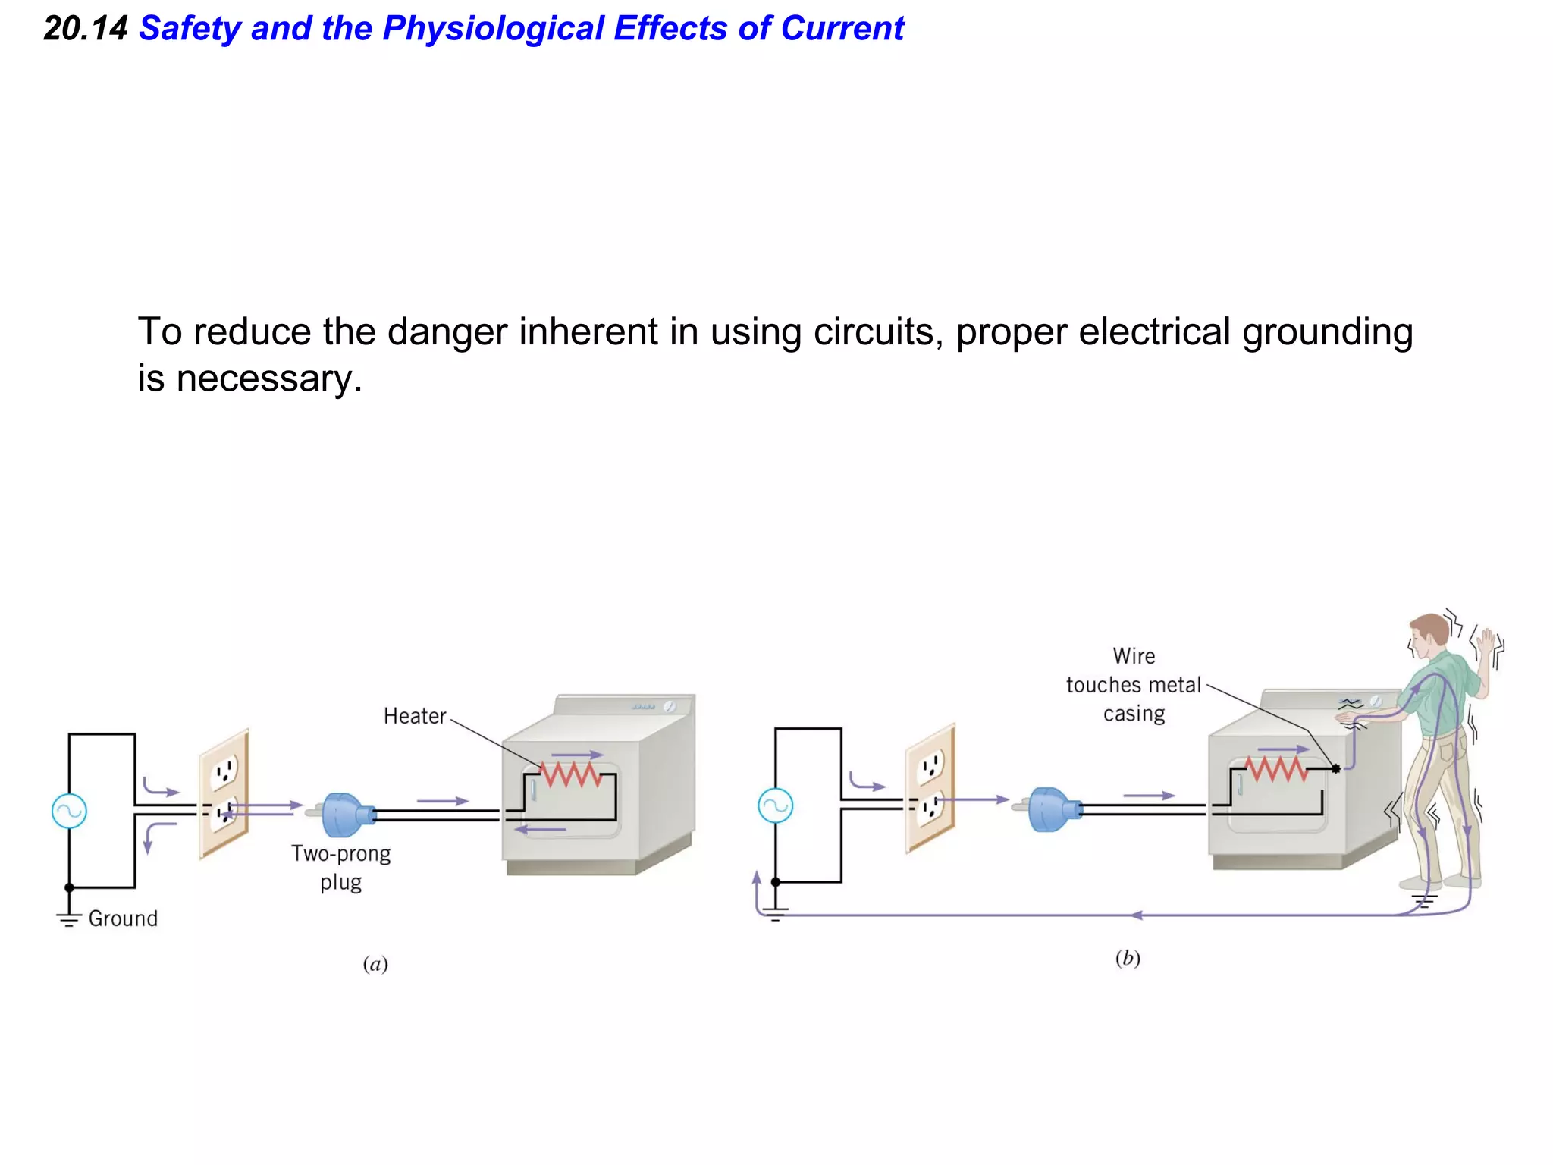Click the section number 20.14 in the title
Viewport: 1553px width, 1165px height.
(85, 29)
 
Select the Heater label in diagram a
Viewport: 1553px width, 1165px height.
(414, 716)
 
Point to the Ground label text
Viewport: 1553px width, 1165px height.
(123, 918)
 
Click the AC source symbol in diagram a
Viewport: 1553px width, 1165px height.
(69, 811)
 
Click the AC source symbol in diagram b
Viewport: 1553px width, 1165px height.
(775, 805)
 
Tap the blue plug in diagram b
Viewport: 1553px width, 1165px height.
(1051, 809)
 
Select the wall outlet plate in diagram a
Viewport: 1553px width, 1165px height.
(224, 793)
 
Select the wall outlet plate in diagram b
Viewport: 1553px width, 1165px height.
(930, 788)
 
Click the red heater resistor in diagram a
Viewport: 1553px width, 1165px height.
(570, 774)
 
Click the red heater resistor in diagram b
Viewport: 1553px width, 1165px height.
(1276, 769)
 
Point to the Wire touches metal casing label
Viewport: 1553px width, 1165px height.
(1134, 685)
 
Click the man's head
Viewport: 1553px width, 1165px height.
(1429, 636)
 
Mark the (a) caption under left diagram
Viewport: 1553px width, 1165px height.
(375, 964)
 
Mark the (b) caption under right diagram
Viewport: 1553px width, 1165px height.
(1128, 959)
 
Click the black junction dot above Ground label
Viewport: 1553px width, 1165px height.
(69, 887)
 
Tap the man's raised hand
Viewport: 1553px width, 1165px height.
(1489, 643)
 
